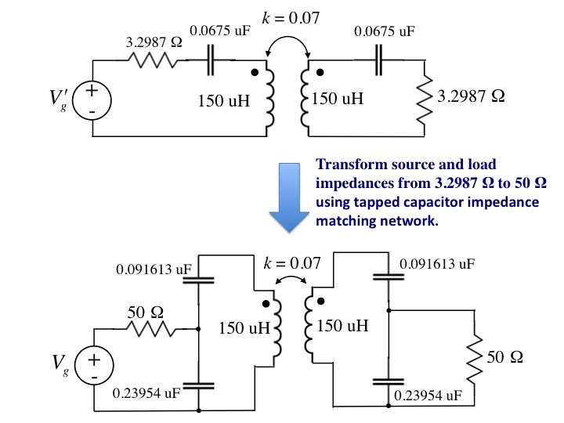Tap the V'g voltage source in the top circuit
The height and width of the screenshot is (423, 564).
(92, 101)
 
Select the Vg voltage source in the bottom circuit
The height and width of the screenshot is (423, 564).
(94, 366)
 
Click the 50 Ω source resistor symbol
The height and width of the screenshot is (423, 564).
(150, 329)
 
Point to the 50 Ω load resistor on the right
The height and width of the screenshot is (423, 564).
(474, 360)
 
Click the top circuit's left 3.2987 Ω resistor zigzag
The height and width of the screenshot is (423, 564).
(153, 60)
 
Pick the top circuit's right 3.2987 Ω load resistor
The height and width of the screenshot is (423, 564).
(425, 100)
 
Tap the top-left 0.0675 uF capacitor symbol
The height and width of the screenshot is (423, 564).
(211, 60)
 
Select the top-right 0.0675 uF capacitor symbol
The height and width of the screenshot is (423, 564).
(378, 60)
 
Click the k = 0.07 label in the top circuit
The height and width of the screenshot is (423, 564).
(291, 17)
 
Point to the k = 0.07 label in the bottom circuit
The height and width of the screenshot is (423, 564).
(291, 263)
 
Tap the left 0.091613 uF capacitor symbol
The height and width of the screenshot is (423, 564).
(198, 280)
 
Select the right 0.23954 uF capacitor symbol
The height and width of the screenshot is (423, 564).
(389, 381)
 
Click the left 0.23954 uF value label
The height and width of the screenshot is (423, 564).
(146, 393)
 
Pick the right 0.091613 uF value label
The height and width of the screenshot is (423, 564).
(437, 264)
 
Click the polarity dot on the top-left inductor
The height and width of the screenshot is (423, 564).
(255, 73)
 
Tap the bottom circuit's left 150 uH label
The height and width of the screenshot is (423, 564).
(244, 327)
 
